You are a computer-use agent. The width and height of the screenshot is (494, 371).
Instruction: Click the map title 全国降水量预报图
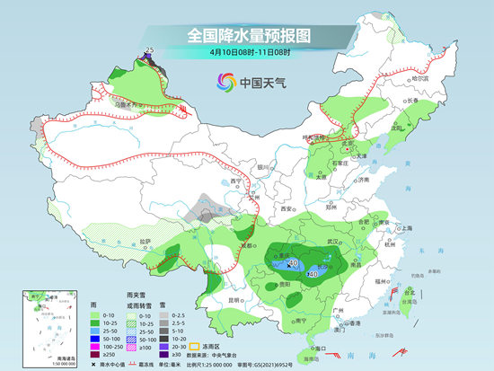[x=247, y=35]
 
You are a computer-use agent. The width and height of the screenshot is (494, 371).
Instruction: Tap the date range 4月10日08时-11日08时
[x=247, y=53]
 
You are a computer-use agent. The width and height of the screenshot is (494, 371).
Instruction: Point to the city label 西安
[x=289, y=208]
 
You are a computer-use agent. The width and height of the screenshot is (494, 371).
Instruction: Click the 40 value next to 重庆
[x=293, y=263]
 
